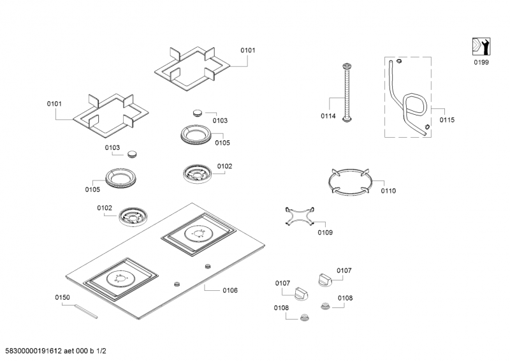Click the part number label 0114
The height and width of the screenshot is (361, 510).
click(x=328, y=116)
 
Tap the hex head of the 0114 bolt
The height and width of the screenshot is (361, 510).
click(x=346, y=66)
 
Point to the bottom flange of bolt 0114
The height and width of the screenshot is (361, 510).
click(x=346, y=120)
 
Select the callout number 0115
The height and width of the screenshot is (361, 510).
click(x=448, y=119)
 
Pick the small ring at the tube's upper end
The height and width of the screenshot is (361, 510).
click(x=398, y=62)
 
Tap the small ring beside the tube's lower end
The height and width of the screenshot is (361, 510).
click(x=426, y=126)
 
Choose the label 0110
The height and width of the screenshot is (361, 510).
click(x=388, y=191)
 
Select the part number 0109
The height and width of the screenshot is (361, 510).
click(x=325, y=233)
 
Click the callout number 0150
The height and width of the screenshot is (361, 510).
click(x=62, y=297)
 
